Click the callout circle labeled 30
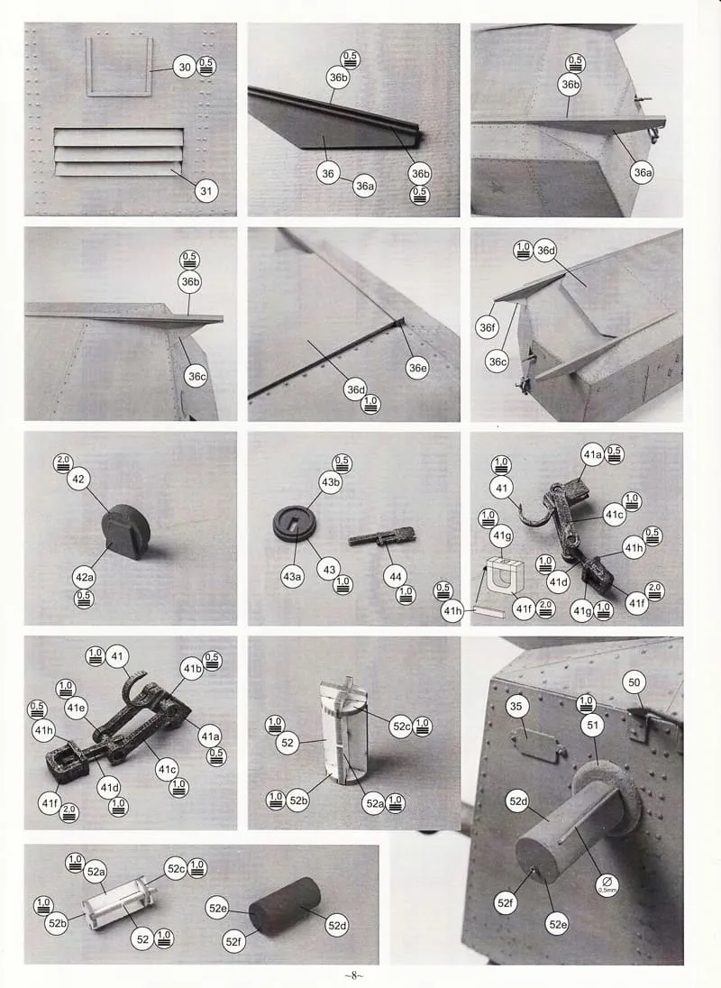click(185, 68)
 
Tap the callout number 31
click(205, 191)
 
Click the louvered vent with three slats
click(119, 151)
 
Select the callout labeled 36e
click(417, 368)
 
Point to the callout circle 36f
click(488, 327)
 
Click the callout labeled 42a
click(84, 577)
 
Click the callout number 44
click(396, 577)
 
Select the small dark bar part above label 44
click(382, 537)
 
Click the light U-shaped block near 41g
click(505, 576)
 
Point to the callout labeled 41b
click(192, 669)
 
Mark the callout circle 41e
click(76, 708)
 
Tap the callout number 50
click(634, 682)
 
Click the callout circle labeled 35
click(516, 707)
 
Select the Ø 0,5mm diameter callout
click(607, 884)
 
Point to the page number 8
click(354, 975)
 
